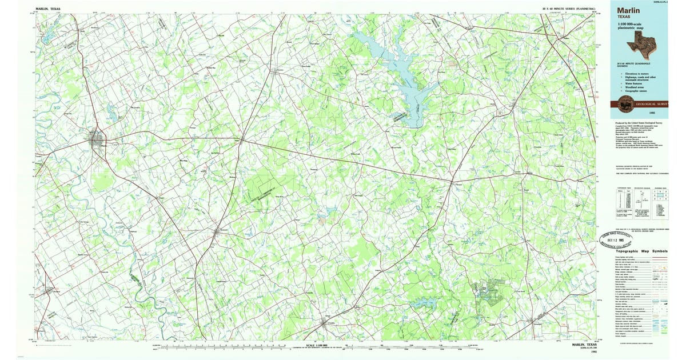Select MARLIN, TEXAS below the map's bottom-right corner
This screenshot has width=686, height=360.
point(584,345)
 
